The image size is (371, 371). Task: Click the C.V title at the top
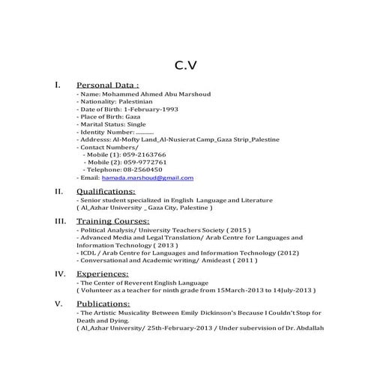coord(185,65)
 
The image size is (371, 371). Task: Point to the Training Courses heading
coord(113,222)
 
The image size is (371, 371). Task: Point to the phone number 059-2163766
coord(145,154)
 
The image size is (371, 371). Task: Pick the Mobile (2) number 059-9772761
coord(145,162)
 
